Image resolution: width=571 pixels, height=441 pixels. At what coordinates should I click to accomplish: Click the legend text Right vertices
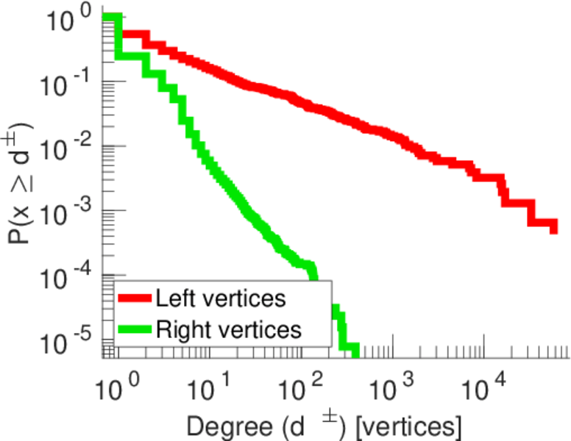click(228, 330)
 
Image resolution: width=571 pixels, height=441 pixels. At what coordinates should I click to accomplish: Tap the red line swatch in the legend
click(135, 298)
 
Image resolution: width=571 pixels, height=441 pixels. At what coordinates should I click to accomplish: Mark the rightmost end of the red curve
click(553, 229)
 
